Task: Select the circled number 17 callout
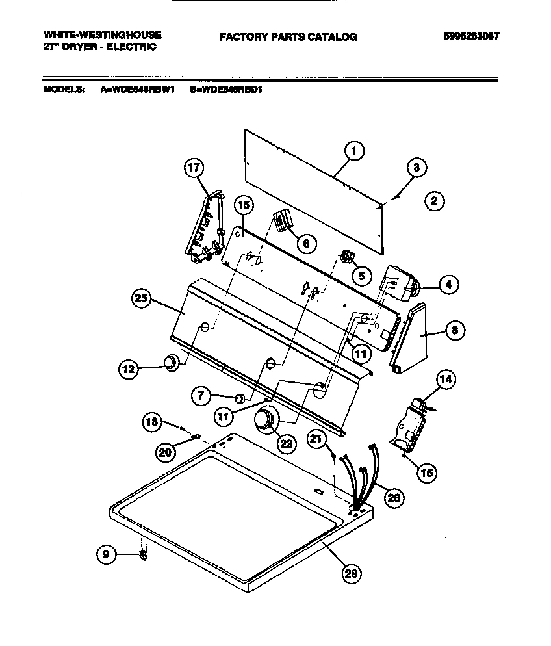pos(194,168)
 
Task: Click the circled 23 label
pos(287,443)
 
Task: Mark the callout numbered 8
pos(455,331)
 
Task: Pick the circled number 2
pos(434,201)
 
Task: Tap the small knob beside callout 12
pos(170,363)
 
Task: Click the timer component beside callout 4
pos(399,283)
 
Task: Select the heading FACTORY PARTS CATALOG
pos(288,38)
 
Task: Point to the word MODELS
pos(64,90)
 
